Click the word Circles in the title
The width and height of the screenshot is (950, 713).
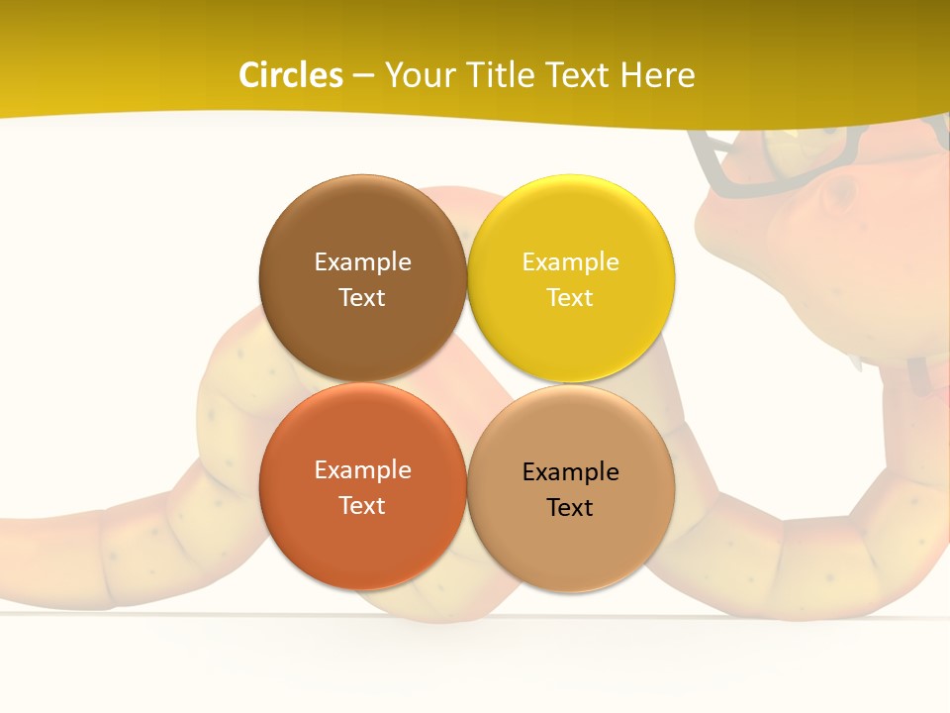pyautogui.click(x=290, y=75)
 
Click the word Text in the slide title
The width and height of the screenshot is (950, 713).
pyautogui.click(x=579, y=75)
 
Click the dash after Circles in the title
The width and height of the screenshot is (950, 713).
pyautogui.click(x=363, y=76)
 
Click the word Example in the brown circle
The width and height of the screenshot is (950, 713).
pyautogui.click(x=362, y=261)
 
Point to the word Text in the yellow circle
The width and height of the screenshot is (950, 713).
pyautogui.click(x=570, y=297)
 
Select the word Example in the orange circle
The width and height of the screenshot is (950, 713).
pyautogui.click(x=362, y=469)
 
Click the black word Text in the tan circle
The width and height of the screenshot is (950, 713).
pyautogui.click(x=570, y=507)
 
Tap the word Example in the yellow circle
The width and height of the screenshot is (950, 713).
pyautogui.click(x=570, y=261)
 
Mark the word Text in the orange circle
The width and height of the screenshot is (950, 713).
pyautogui.click(x=362, y=505)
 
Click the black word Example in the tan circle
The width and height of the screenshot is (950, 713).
pyautogui.click(x=570, y=471)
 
